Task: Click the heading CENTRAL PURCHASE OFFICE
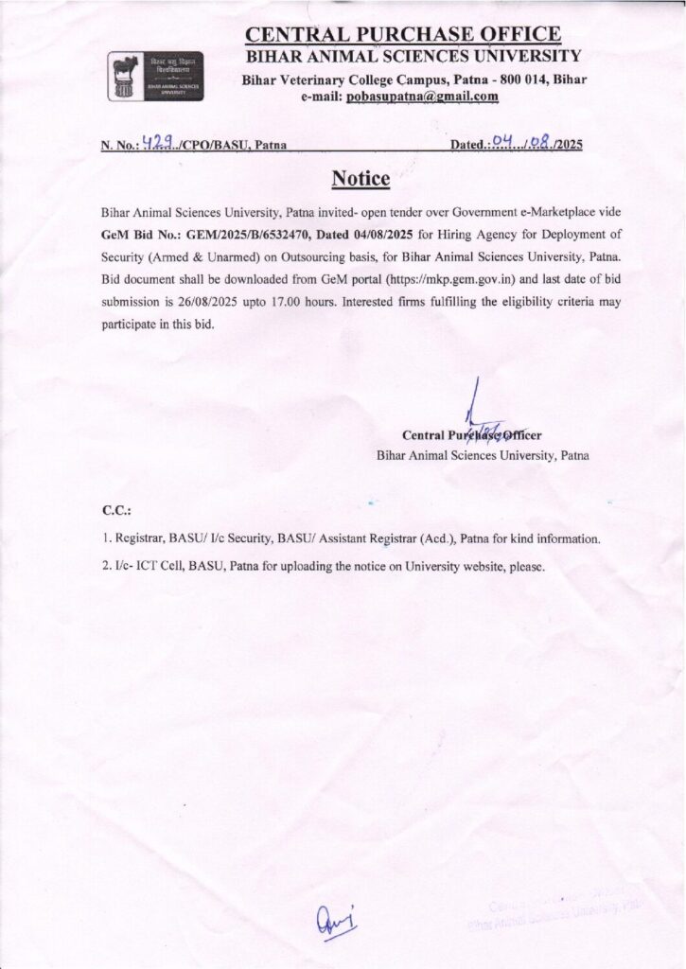[x=402, y=35]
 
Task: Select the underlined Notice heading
[x=361, y=178]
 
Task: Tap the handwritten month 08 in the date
[x=539, y=144]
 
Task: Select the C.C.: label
[x=116, y=511]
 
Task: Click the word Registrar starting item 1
[x=138, y=538]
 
